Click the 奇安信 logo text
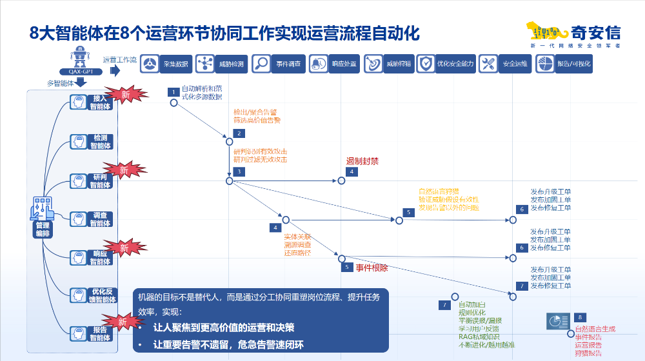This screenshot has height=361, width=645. (x=596, y=32)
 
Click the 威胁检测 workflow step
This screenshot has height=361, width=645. (x=221, y=64)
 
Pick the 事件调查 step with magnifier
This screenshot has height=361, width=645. (x=277, y=64)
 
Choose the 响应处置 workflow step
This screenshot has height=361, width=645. (x=333, y=64)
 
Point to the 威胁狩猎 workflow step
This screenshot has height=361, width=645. (x=389, y=64)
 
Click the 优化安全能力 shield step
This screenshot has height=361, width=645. (x=446, y=64)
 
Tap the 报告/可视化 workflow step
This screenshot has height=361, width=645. (x=563, y=64)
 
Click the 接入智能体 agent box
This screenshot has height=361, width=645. (x=92, y=102)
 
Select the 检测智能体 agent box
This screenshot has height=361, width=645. (x=92, y=142)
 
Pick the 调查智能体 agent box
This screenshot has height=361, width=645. (x=92, y=219)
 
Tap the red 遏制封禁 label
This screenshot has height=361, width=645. (x=362, y=161)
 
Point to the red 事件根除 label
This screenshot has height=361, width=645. (x=372, y=266)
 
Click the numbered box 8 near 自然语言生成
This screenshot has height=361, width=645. (x=580, y=317)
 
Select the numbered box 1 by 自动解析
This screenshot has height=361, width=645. (x=173, y=92)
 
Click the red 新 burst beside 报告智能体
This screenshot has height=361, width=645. (x=123, y=322)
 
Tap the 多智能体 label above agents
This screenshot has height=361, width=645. (x=61, y=84)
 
